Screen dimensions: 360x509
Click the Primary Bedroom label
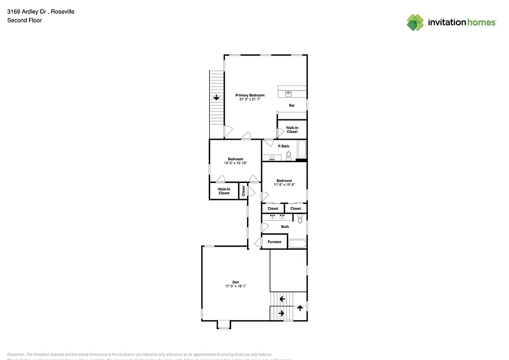[250, 95]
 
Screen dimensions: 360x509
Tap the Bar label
[292, 105]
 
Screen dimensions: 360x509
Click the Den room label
[236, 282]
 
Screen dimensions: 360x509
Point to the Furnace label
[274, 242]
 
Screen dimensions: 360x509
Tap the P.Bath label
[283, 146]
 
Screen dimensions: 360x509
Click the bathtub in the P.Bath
[301, 150]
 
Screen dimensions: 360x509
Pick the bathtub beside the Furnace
[298, 244]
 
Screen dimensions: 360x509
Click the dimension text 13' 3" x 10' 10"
[236, 163]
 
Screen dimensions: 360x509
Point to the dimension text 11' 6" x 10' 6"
[284, 184]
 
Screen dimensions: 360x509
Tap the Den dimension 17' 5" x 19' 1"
[236, 286]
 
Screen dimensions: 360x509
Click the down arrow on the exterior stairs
[216, 97]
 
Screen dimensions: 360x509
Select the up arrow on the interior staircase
[300, 308]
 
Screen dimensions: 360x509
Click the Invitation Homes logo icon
[416, 22]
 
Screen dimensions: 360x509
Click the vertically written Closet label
[244, 190]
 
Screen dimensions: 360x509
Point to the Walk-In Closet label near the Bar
[292, 130]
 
